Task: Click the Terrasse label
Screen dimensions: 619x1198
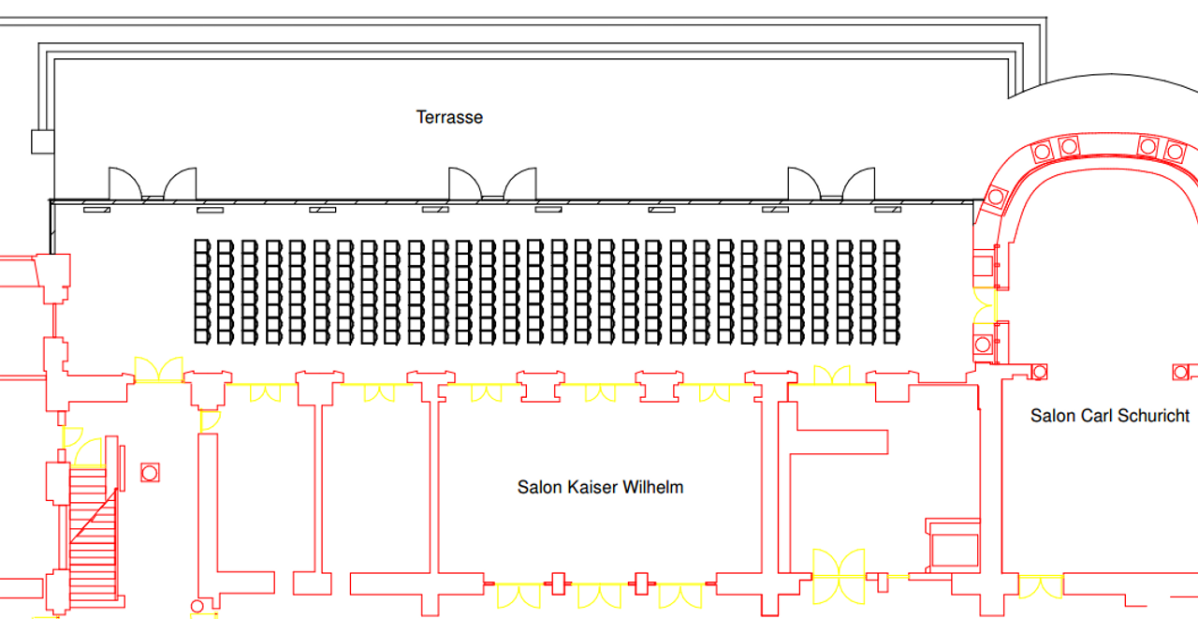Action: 449,117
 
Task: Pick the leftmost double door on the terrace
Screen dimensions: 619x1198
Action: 153,184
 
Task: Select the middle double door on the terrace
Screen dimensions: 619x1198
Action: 492,184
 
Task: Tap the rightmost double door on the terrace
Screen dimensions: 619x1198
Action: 831,184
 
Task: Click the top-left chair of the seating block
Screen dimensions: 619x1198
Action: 201,246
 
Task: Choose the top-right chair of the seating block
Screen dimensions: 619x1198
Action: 892,246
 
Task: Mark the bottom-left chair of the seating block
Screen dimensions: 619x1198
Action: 201,335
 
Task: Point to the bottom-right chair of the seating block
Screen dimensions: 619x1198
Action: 892,335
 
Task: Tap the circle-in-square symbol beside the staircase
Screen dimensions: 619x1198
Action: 150,472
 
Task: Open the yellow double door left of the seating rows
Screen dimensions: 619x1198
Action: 158,370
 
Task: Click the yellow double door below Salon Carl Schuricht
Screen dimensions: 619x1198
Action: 1041,588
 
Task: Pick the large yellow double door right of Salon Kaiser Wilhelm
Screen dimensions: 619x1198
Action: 838,576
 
